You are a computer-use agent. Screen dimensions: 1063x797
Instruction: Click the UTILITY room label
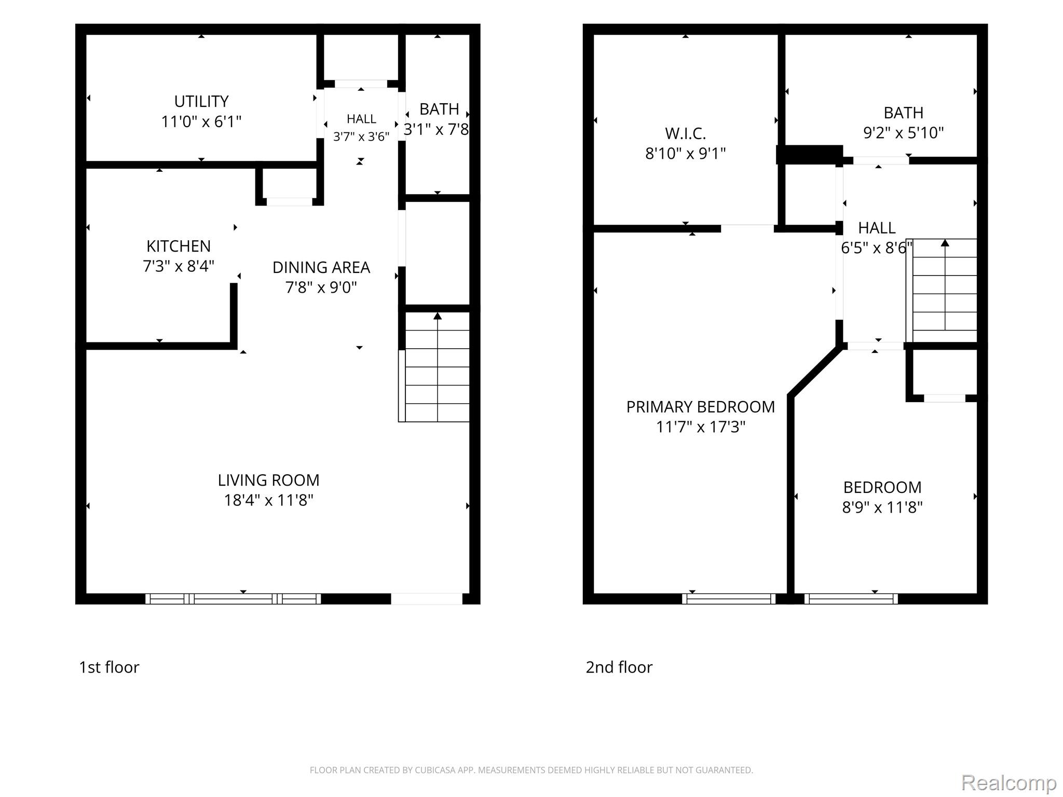201,101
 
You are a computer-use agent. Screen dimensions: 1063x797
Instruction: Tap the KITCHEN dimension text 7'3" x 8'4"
179,266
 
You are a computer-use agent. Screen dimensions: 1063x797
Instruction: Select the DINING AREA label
321,267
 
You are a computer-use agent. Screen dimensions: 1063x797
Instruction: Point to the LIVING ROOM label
268,480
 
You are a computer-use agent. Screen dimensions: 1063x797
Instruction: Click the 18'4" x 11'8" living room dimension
268,500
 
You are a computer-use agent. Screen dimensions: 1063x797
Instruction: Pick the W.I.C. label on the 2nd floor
686,134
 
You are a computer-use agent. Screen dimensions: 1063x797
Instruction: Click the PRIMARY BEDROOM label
701,407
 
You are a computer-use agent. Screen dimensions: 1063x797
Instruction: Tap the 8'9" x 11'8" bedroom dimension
882,507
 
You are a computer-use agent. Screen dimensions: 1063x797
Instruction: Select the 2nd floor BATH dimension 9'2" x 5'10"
903,133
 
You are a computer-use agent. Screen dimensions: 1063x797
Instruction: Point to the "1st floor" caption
109,667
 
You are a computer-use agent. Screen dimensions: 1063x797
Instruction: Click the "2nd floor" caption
619,667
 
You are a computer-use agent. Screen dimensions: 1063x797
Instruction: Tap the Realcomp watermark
1009,782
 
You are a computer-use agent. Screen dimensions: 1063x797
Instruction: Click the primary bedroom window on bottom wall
729,599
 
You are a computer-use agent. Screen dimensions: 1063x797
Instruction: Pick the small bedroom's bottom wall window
851,599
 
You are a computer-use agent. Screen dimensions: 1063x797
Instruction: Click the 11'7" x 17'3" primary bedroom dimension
701,427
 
